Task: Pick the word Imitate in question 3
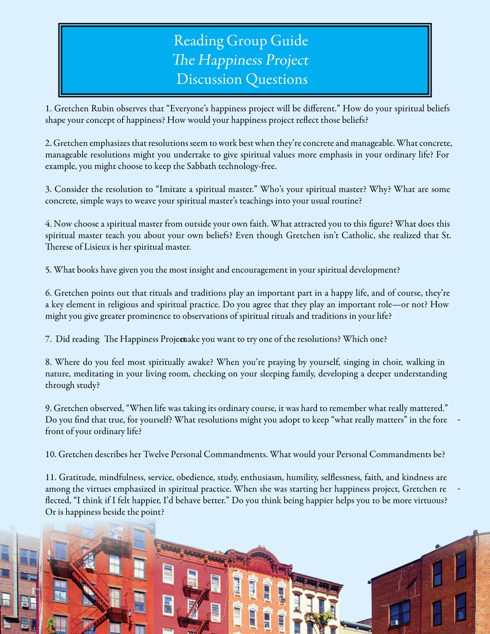[173, 189]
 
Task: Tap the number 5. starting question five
[48, 270]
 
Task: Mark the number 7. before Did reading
[48, 339]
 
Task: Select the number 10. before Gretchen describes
[51, 454]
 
